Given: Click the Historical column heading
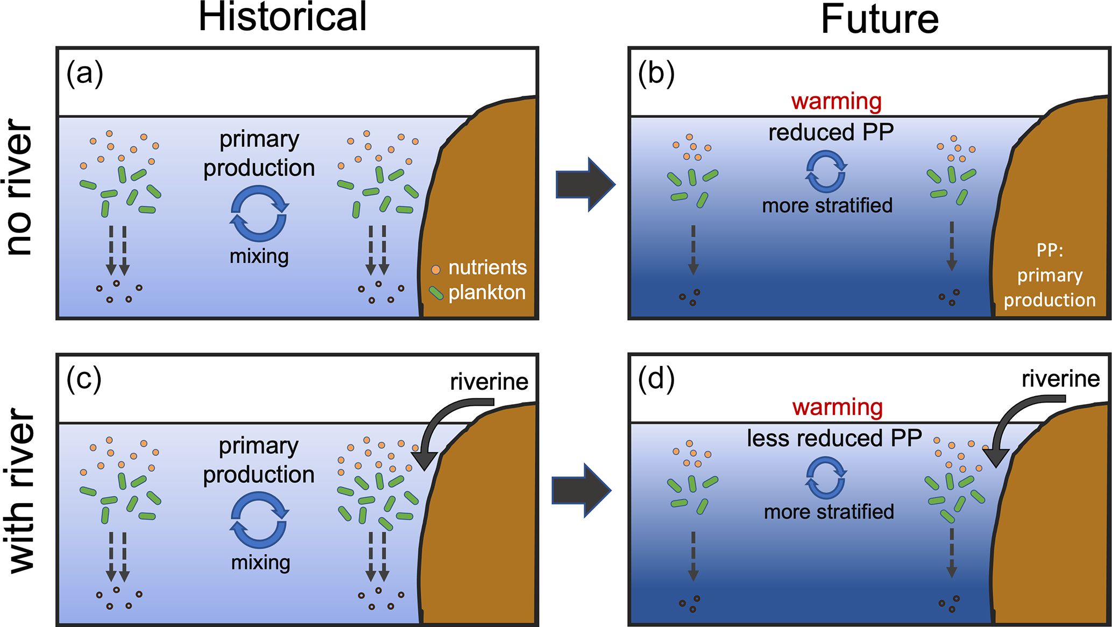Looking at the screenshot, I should (282, 17).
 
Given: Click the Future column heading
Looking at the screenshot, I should (880, 19).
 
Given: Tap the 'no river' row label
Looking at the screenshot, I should (19, 187).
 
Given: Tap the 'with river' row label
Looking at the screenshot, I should (22, 490).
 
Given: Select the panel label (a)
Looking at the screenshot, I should (84, 74).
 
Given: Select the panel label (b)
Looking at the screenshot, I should (656, 74).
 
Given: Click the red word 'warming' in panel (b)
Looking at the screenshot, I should (837, 101).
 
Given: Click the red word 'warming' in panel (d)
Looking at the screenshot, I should (838, 407).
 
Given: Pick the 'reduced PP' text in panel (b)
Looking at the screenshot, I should (831, 132).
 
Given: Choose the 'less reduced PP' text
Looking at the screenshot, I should (834, 438).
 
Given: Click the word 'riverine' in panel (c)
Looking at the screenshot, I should (489, 382).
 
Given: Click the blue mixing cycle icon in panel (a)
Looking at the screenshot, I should (259, 213).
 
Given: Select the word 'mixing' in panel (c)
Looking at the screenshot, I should (260, 562).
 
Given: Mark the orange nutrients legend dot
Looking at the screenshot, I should (436, 269).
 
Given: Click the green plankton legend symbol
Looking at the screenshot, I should (436, 293).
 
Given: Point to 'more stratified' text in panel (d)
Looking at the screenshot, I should (829, 512).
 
